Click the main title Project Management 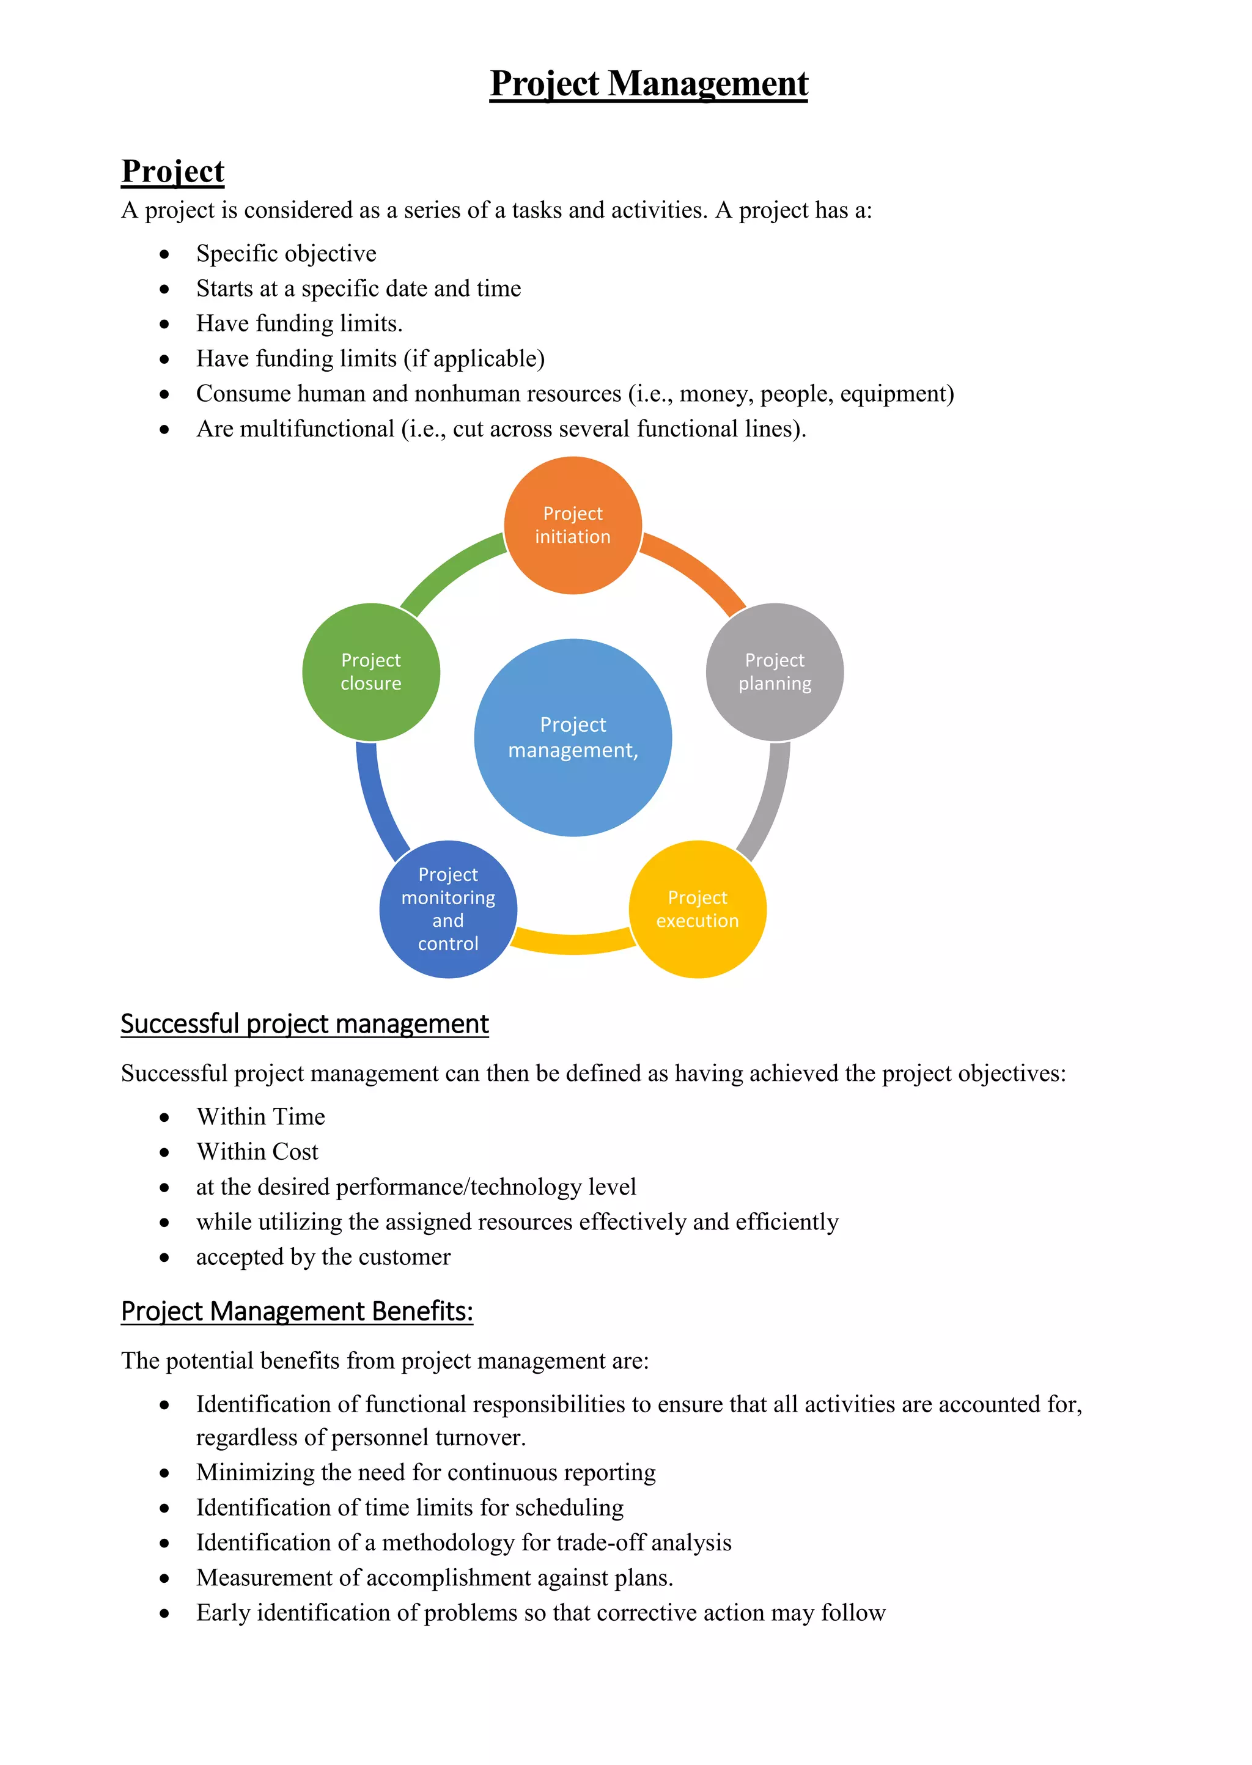pos(649,83)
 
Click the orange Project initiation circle pos(573,526)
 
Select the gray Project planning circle pos(775,672)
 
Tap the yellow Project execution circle pos(698,910)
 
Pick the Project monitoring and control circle pos(448,910)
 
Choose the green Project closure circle pos(371,672)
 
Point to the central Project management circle pos(573,737)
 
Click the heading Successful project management pos(304,1023)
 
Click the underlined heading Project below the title pos(172,171)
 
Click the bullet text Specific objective pos(286,254)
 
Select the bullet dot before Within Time pos(164,1118)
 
